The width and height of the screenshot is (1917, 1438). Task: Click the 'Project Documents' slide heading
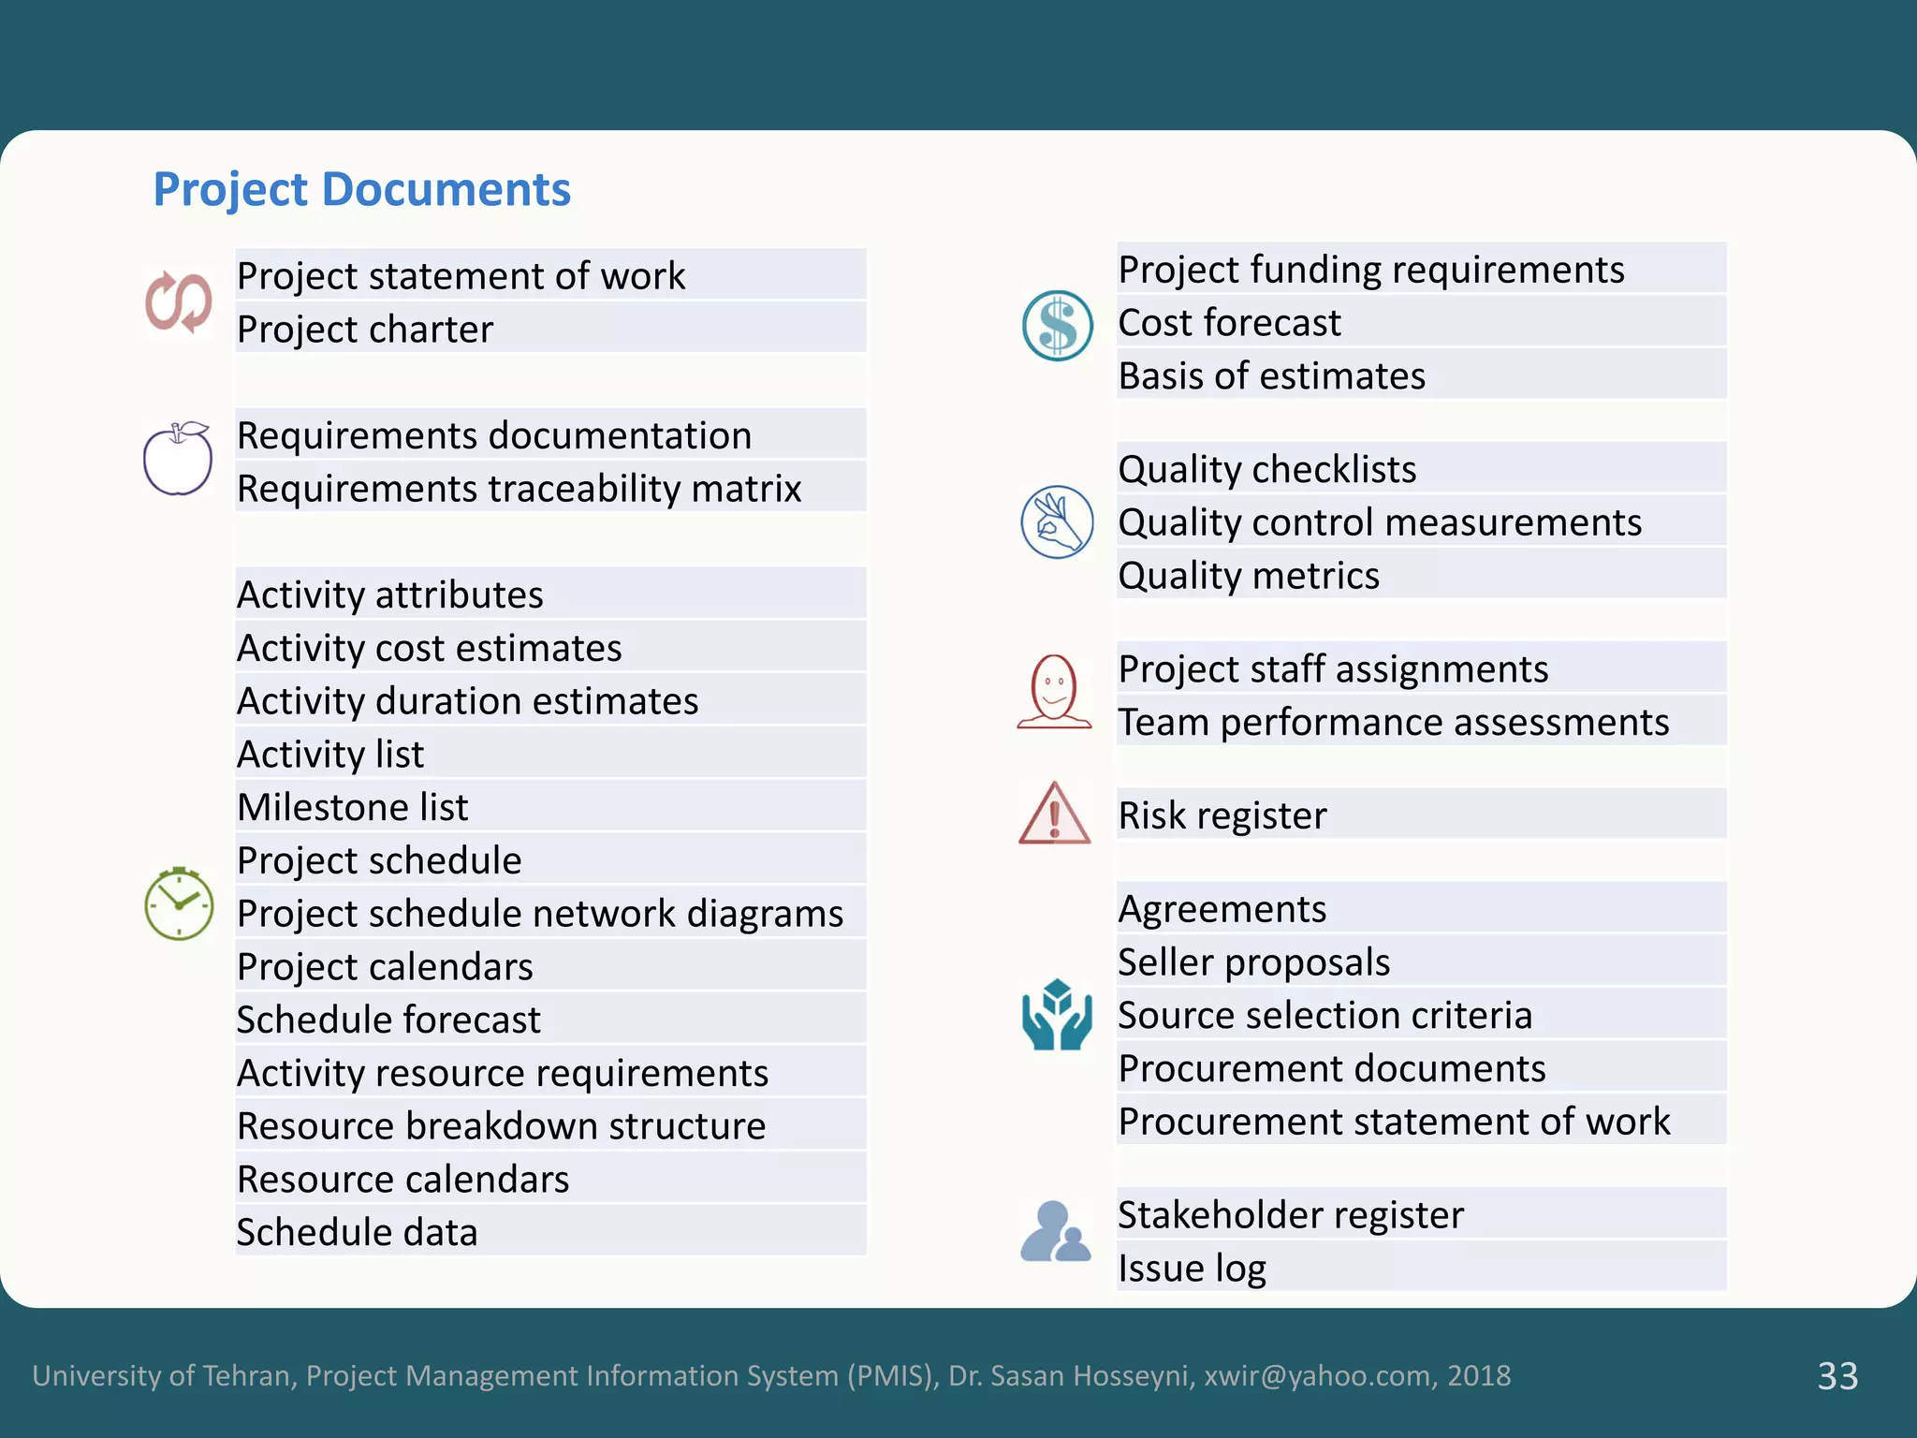point(361,189)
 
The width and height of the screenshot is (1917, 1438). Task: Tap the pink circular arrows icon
point(178,301)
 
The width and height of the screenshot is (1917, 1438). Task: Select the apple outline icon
point(178,459)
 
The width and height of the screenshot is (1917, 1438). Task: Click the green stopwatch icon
point(179,903)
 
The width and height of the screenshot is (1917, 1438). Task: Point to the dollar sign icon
point(1057,326)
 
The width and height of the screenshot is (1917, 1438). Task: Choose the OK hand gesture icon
point(1057,522)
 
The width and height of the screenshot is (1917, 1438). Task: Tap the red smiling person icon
point(1054,692)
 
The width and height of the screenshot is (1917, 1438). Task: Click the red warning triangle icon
point(1054,814)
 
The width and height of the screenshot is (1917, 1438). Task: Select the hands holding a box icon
point(1057,1015)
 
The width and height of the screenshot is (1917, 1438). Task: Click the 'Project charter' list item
point(365,330)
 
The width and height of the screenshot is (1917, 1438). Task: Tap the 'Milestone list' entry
point(353,807)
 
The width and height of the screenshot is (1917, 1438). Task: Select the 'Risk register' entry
point(1222,815)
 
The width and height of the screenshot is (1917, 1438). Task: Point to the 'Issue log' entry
point(1192,1269)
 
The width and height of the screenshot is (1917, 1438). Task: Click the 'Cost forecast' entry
point(1229,323)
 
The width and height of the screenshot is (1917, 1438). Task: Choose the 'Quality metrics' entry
point(1249,576)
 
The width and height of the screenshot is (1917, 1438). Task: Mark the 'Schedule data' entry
point(357,1232)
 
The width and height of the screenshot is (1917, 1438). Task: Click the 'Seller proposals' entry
point(1254,962)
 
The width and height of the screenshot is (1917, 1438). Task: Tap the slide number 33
point(1837,1376)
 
